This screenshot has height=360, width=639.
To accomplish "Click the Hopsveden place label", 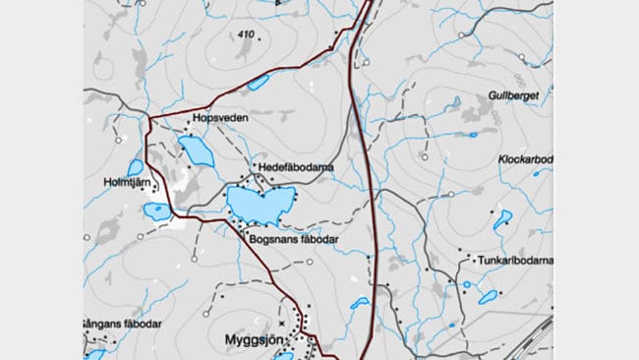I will pos(220,119).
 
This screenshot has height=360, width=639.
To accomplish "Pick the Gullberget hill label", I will pos(511,95).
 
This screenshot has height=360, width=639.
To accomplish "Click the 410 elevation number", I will pos(245,36).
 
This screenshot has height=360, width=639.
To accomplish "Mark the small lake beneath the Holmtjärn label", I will pos(156,210).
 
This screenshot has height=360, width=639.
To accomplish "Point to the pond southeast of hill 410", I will pos(259,83).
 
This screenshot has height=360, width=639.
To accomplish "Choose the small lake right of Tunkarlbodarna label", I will pos(502,218).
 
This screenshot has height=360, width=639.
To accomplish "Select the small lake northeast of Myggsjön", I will pos(359,304).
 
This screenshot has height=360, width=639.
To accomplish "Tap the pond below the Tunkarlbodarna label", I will pos(487,296).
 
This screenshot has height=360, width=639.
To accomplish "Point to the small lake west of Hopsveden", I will pos(135,168).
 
